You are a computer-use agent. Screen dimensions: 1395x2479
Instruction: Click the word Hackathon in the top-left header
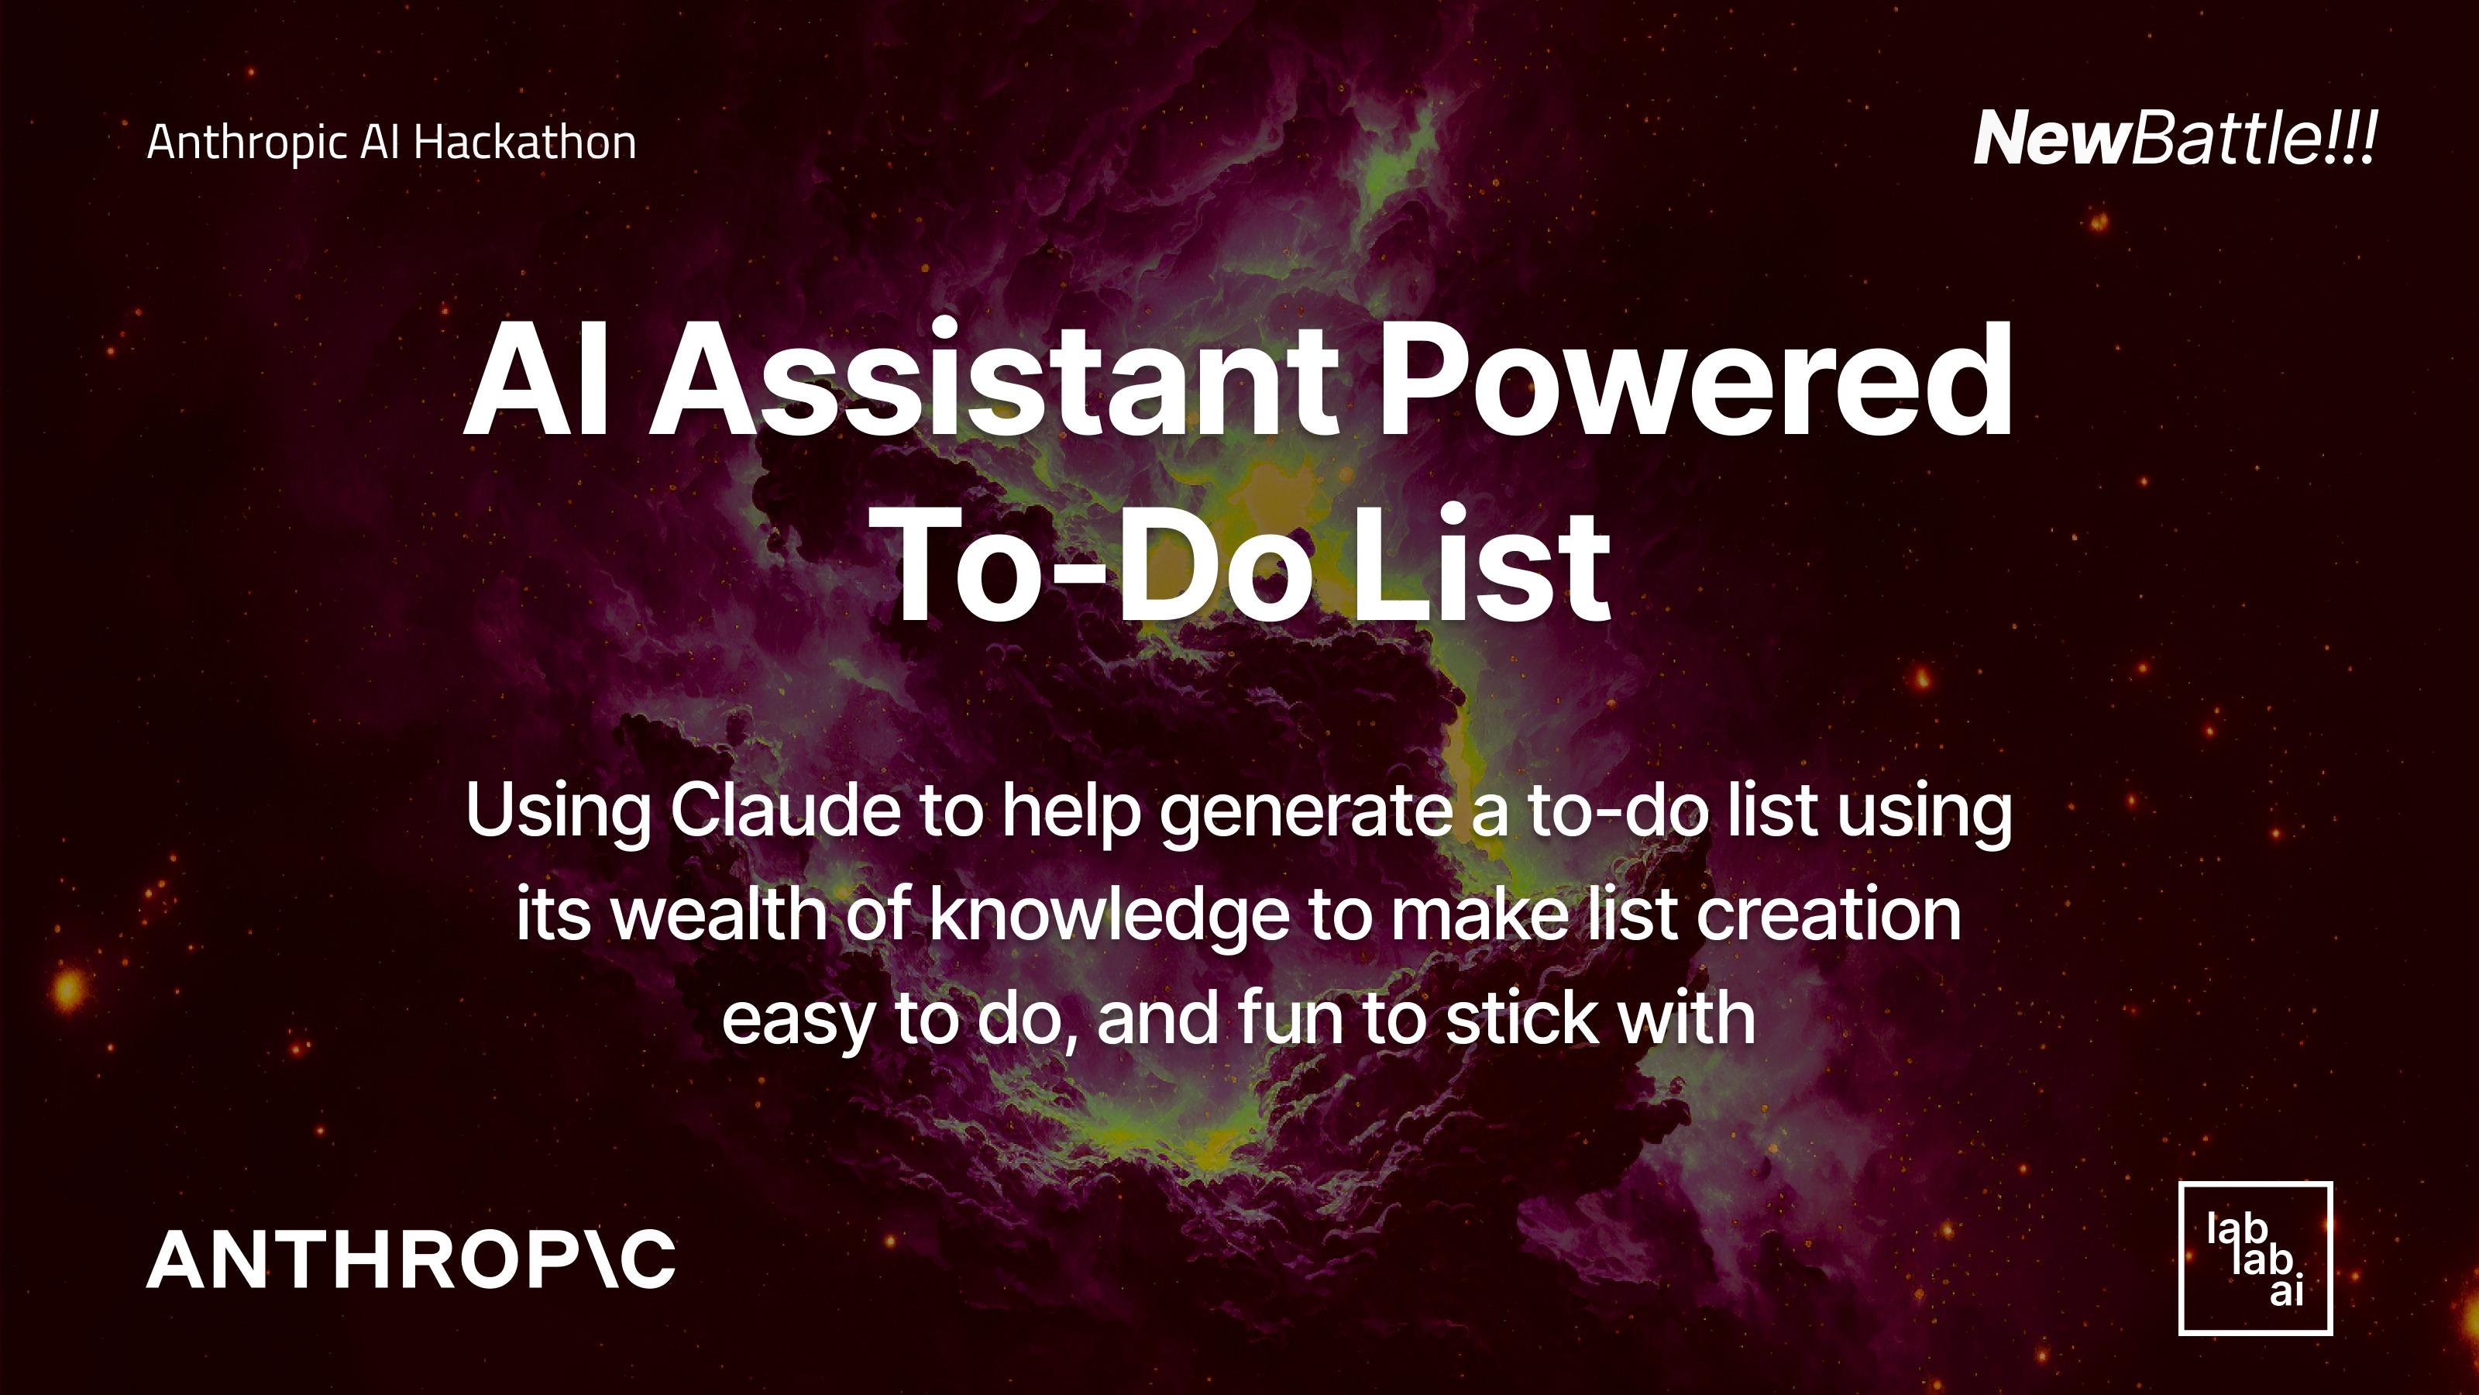click(x=525, y=143)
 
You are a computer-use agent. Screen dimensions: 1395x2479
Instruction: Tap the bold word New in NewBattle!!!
click(x=2050, y=139)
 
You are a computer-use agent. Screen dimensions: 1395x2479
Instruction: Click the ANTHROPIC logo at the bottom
click(x=411, y=1259)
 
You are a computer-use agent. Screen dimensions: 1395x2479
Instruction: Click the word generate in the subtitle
click(x=1306, y=811)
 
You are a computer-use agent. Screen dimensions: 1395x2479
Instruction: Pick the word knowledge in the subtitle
click(x=1109, y=914)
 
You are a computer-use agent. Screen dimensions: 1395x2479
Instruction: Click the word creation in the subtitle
click(x=1828, y=914)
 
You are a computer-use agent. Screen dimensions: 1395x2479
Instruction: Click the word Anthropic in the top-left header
click(x=246, y=143)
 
